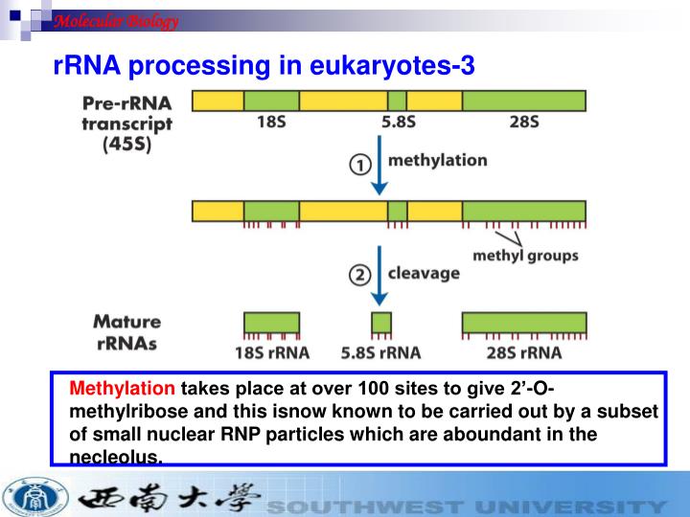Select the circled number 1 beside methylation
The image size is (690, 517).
[x=358, y=165]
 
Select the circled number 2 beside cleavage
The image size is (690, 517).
[x=358, y=275]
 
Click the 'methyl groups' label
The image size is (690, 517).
[x=525, y=256]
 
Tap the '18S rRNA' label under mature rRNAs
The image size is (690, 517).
[x=272, y=351]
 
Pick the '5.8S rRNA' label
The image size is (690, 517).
[x=380, y=351]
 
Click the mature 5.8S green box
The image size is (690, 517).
[x=381, y=322]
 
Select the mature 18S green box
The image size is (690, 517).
[x=271, y=322]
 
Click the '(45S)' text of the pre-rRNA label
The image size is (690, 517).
[x=133, y=144]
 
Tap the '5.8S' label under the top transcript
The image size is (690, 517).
[x=397, y=122]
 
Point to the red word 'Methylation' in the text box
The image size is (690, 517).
[x=123, y=389]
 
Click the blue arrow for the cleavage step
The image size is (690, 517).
[x=380, y=274]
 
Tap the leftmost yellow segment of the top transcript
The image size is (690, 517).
[x=218, y=101]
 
